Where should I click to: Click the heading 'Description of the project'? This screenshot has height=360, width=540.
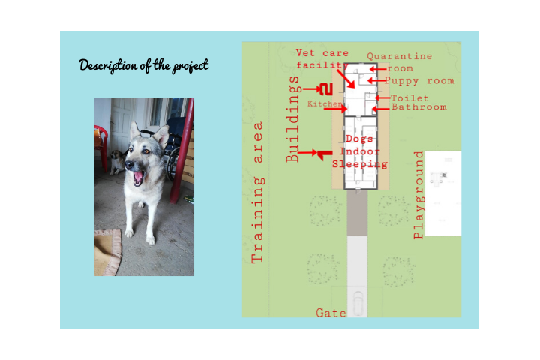point(143,65)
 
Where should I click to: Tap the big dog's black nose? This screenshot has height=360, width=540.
point(129,165)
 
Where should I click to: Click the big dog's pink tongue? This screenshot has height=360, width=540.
point(138,178)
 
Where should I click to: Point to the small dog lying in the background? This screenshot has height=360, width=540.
point(117,162)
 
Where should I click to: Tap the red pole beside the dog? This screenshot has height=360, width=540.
point(181,151)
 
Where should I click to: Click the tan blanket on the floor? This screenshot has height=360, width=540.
point(107,252)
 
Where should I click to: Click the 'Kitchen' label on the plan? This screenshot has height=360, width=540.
point(325,103)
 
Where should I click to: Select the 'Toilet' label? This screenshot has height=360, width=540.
point(409,98)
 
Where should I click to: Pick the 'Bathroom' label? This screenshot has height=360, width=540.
point(419,106)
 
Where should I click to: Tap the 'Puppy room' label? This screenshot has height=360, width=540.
point(419,80)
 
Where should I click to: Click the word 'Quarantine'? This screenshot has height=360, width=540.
point(399,56)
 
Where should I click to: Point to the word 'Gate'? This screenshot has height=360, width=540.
point(331,313)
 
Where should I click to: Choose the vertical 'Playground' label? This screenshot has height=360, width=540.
point(418,195)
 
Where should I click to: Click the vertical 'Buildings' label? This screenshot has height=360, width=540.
point(293,119)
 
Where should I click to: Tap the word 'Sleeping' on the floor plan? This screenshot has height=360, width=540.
point(360,164)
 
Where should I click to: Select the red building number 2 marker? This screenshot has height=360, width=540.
point(325,89)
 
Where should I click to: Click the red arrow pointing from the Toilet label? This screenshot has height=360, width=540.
point(382,97)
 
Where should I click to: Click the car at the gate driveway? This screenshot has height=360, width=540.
point(358,303)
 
